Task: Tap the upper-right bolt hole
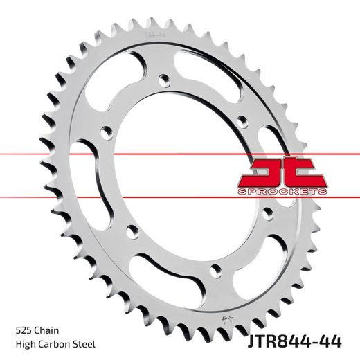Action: (241, 122)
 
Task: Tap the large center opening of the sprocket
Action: (173, 173)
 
